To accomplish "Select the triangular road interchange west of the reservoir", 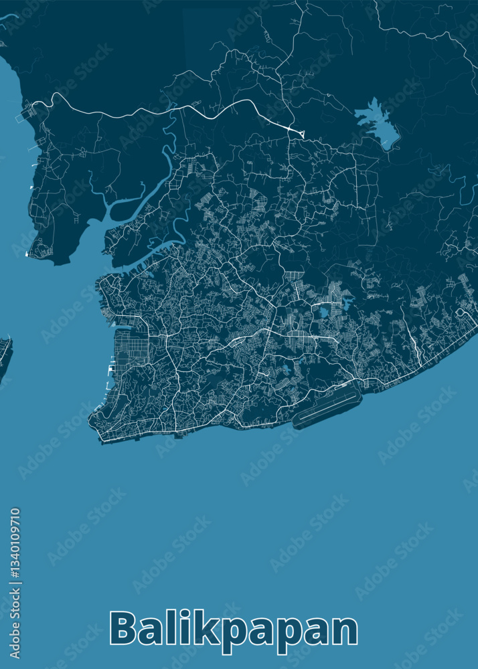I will click(299, 132).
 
